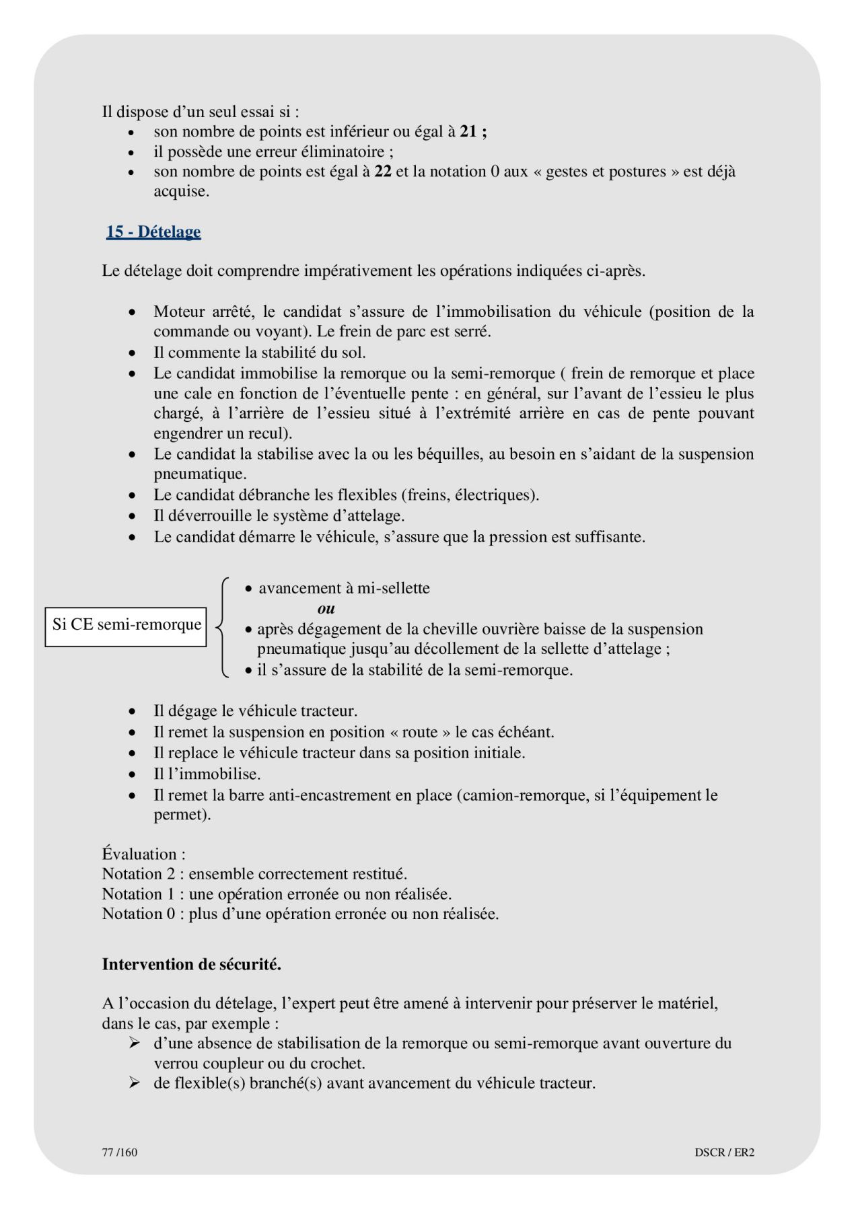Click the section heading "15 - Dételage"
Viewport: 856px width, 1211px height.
tap(153, 232)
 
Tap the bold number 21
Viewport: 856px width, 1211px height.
tap(468, 132)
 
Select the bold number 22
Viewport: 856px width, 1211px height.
tap(383, 172)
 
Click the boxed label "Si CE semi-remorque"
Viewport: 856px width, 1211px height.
tap(127, 625)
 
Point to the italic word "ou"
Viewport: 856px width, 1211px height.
tap(326, 609)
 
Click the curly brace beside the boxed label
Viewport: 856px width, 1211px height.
tap(223, 626)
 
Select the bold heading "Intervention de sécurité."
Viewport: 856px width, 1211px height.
tap(191, 964)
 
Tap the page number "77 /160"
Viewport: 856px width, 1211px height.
tap(119, 1152)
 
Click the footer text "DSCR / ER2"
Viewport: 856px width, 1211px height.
tap(724, 1152)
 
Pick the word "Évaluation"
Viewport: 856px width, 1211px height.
tap(140, 854)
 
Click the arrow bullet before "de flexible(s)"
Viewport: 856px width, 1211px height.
tap(135, 1083)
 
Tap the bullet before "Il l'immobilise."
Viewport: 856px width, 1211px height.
tap(133, 774)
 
